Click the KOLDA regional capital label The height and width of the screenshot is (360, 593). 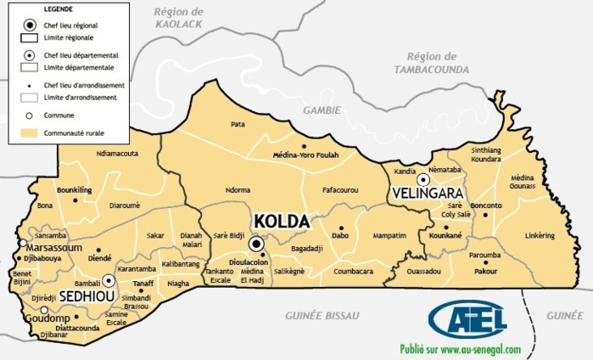[x=281, y=222]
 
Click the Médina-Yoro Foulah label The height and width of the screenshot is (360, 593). [x=305, y=155]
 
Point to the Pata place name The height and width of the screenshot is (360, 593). [x=238, y=124]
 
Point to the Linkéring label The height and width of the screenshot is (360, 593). [x=540, y=235]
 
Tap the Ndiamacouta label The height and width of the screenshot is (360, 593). [x=119, y=154]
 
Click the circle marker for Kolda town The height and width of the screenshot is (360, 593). [x=257, y=244]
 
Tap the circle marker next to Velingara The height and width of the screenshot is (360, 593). [x=422, y=178]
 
